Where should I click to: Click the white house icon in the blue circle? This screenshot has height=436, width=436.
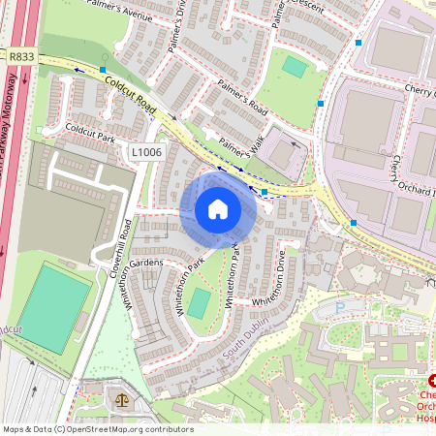click(218, 208)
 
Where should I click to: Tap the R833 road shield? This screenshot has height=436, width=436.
click(20, 57)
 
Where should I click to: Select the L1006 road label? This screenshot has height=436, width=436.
click(145, 152)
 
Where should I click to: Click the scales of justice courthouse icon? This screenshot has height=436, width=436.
click(121, 398)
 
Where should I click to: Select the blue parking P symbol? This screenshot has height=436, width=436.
click(338, 306)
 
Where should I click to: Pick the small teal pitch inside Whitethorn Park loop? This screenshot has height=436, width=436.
click(198, 303)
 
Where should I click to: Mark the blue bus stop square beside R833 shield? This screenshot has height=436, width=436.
click(104, 70)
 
